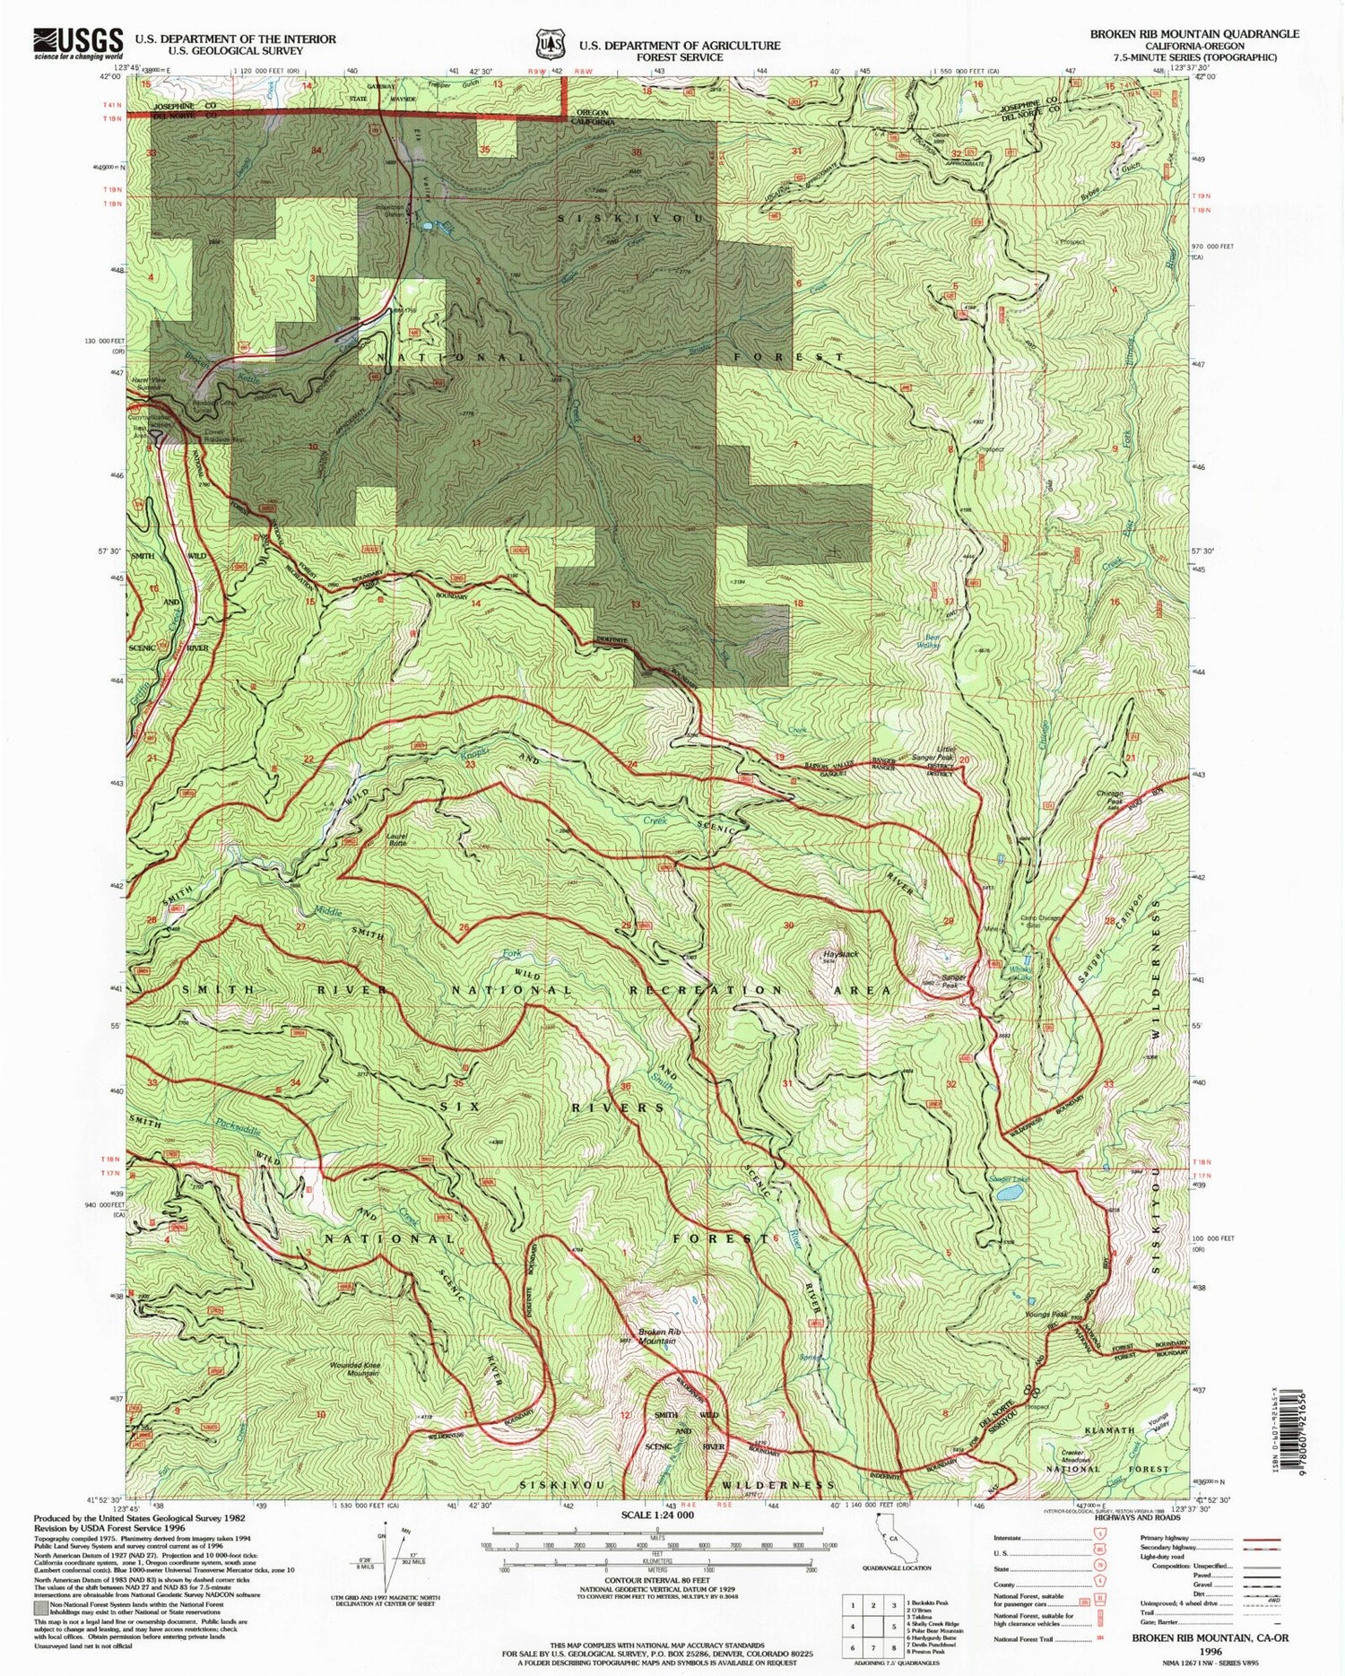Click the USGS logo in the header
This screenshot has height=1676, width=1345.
(78, 42)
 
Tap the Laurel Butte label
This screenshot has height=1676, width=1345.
(397, 840)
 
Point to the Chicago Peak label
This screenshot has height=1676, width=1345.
(1110, 797)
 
